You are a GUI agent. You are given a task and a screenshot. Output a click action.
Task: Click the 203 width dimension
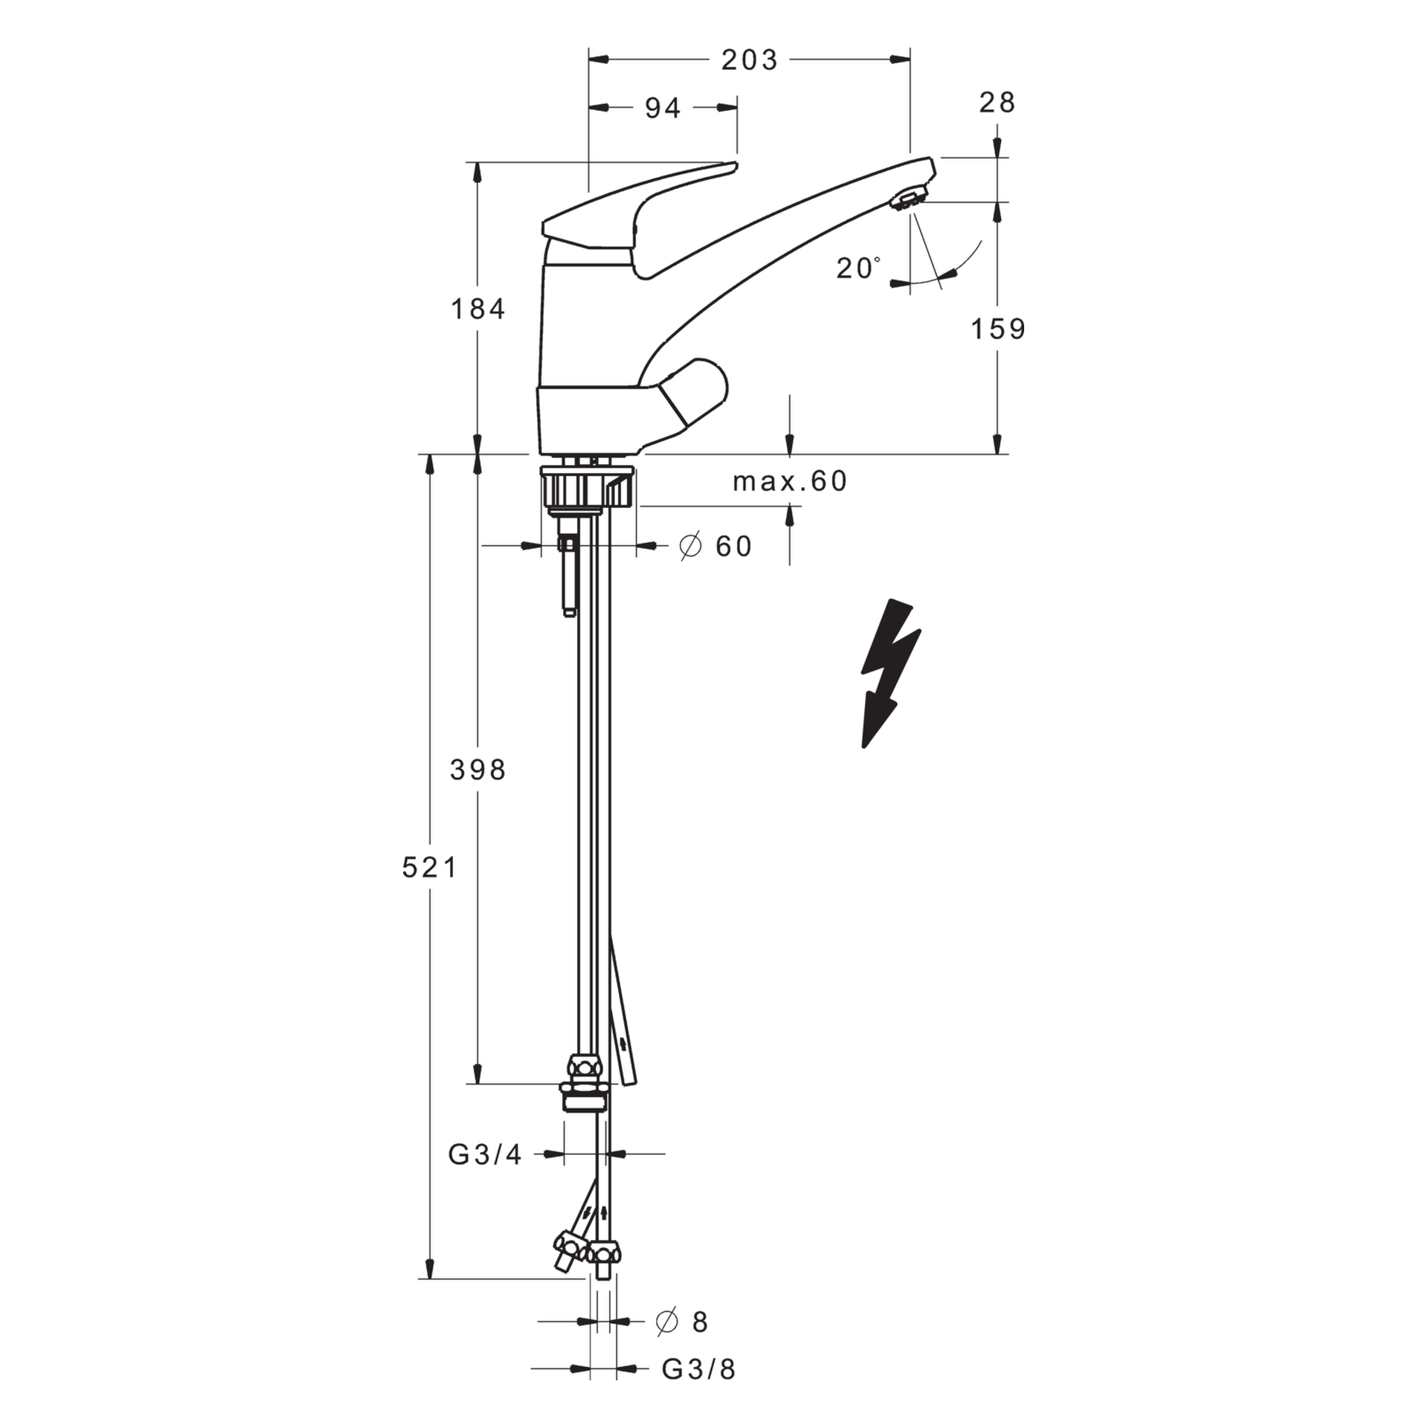click(x=749, y=60)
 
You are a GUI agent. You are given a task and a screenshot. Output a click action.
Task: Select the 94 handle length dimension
click(x=663, y=109)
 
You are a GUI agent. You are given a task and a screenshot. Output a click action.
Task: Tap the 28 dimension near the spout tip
click(x=997, y=103)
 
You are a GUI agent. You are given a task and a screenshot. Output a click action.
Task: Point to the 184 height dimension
click(x=478, y=309)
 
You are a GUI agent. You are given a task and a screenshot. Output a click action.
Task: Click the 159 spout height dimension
click(x=998, y=329)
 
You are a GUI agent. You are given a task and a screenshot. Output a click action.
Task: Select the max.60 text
click(x=790, y=482)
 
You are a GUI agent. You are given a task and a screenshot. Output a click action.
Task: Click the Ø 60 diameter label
click(x=716, y=547)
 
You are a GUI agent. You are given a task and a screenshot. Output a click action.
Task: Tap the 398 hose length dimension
click(x=478, y=771)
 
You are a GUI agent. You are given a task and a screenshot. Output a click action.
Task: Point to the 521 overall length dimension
click(x=430, y=867)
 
